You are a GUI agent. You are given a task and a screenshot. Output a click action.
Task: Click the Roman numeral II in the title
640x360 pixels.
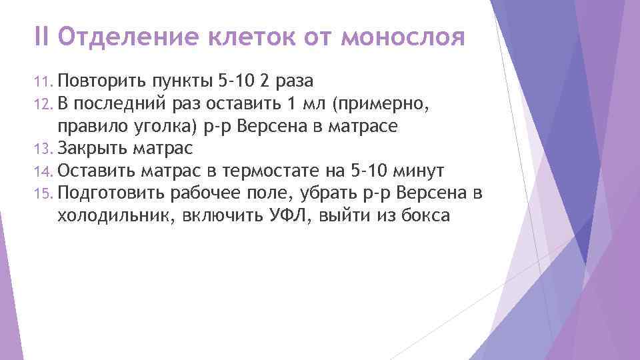[x=42, y=38]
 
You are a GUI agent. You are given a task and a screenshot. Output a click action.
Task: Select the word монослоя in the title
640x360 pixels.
[x=402, y=38]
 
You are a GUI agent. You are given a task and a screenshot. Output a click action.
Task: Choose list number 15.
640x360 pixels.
[x=43, y=194]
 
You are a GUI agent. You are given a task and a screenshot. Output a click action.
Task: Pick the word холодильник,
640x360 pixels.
[x=119, y=216]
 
